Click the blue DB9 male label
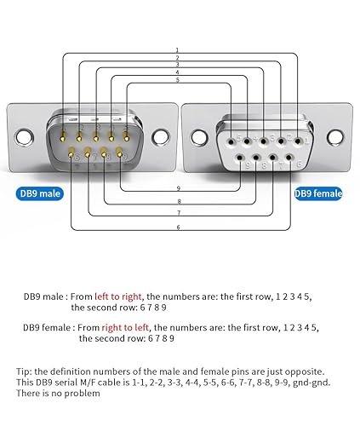[x=39, y=193]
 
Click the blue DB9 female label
[x=317, y=193]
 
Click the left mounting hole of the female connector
[x=201, y=136]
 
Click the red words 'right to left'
[x=127, y=327]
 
